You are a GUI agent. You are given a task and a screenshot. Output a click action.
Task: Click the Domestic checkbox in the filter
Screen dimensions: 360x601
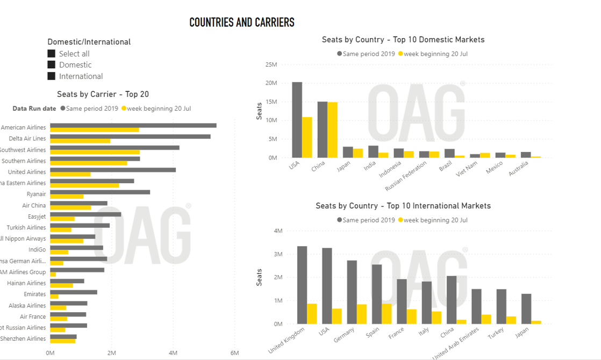click(52, 65)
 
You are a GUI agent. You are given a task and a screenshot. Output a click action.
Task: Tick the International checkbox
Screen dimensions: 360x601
click(52, 76)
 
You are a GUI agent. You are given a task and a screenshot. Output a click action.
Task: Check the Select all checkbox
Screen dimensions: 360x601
click(52, 54)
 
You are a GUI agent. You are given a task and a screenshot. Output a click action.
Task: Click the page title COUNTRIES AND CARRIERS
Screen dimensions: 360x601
click(242, 23)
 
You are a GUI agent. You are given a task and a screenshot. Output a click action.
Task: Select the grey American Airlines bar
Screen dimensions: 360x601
click(133, 125)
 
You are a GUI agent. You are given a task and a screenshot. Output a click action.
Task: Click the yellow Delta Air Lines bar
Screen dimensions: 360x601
click(80, 141)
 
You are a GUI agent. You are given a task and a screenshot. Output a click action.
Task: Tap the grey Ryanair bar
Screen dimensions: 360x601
click(100, 192)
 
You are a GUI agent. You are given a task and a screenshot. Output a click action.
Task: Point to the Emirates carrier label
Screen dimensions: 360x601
click(35, 294)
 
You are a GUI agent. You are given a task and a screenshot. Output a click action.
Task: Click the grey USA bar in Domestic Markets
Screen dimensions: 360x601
click(297, 120)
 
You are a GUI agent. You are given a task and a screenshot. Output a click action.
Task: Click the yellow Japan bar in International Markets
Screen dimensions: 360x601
click(536, 322)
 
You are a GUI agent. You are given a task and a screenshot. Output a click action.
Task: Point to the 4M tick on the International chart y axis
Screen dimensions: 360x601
click(278, 231)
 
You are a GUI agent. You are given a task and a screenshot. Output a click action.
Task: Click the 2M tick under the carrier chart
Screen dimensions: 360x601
click(112, 353)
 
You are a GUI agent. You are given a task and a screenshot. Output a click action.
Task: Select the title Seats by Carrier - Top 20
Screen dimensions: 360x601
click(103, 95)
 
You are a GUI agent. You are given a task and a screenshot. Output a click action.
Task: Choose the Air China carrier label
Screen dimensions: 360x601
click(34, 205)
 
